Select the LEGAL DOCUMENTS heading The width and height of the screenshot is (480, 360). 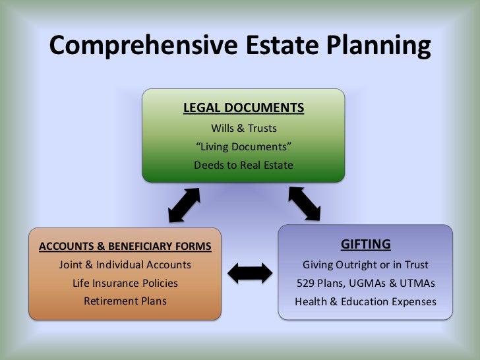click(x=243, y=107)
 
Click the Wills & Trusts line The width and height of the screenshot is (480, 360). click(x=243, y=128)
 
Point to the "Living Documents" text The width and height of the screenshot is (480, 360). click(x=243, y=146)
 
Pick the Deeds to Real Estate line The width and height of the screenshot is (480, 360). click(x=243, y=165)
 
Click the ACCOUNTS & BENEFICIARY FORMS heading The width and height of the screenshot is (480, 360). click(x=125, y=247)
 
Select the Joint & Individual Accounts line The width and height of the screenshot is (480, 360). click(x=125, y=265)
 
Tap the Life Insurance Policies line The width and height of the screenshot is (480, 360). click(x=125, y=284)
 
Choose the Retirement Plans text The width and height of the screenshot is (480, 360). click(x=125, y=301)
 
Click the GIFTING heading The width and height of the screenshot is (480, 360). click(x=365, y=245)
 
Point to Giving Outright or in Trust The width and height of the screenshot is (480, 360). click(x=365, y=265)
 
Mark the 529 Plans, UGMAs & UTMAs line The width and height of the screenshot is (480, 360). click(x=365, y=284)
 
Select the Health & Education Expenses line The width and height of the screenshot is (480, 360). click(x=365, y=302)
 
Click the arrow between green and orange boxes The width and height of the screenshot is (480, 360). click(x=184, y=204)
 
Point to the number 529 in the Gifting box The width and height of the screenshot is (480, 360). click(x=307, y=284)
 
